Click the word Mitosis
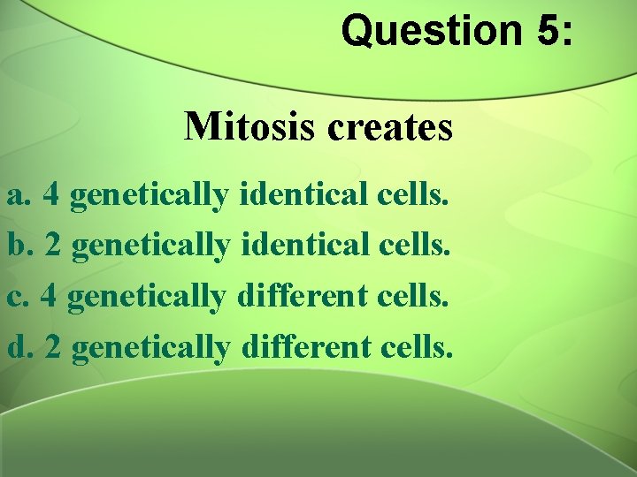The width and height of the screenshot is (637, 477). tap(250, 127)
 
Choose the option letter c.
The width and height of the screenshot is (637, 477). tap(18, 296)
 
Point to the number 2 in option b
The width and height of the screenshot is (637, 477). tap(53, 245)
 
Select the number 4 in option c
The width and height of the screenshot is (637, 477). tap(50, 296)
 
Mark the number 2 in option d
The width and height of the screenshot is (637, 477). tap(53, 347)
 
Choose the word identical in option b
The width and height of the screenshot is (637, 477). tap(303, 245)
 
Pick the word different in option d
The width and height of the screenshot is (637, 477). tap(303, 347)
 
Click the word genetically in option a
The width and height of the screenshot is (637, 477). tap(149, 195)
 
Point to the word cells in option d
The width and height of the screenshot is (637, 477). tap(417, 347)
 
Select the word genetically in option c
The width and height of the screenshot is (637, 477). tap(146, 298)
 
